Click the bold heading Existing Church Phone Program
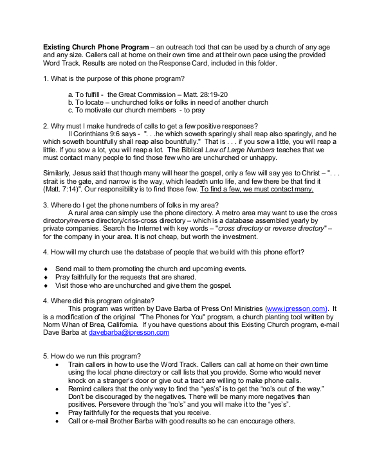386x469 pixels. pyautogui.click(x=95, y=48)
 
